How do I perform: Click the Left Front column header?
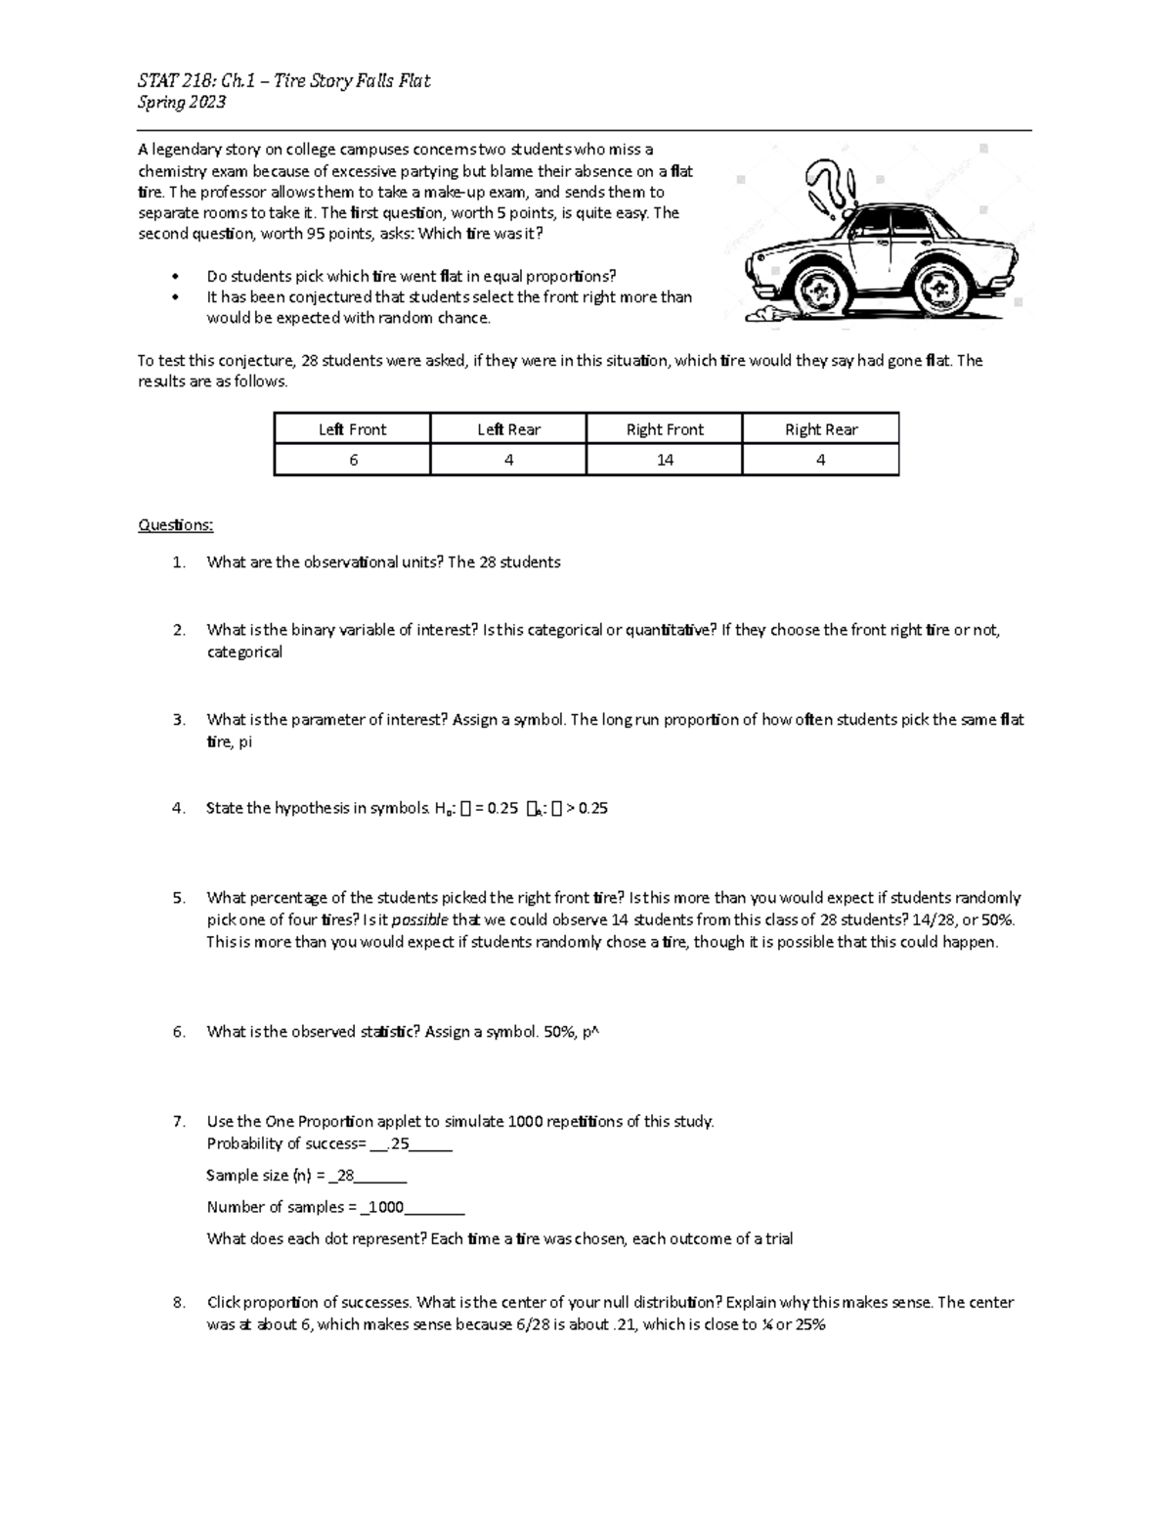point(352,429)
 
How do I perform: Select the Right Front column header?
point(665,429)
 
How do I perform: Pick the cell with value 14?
point(665,460)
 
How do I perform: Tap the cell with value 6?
point(353,460)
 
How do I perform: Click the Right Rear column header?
point(821,429)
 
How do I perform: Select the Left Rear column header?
point(508,429)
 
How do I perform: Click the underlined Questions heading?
point(175,525)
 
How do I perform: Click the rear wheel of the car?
point(939,287)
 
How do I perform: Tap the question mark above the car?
point(823,186)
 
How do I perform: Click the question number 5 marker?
point(178,898)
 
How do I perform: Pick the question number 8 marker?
point(178,1303)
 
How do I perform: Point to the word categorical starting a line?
point(244,652)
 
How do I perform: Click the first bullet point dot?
point(175,277)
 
